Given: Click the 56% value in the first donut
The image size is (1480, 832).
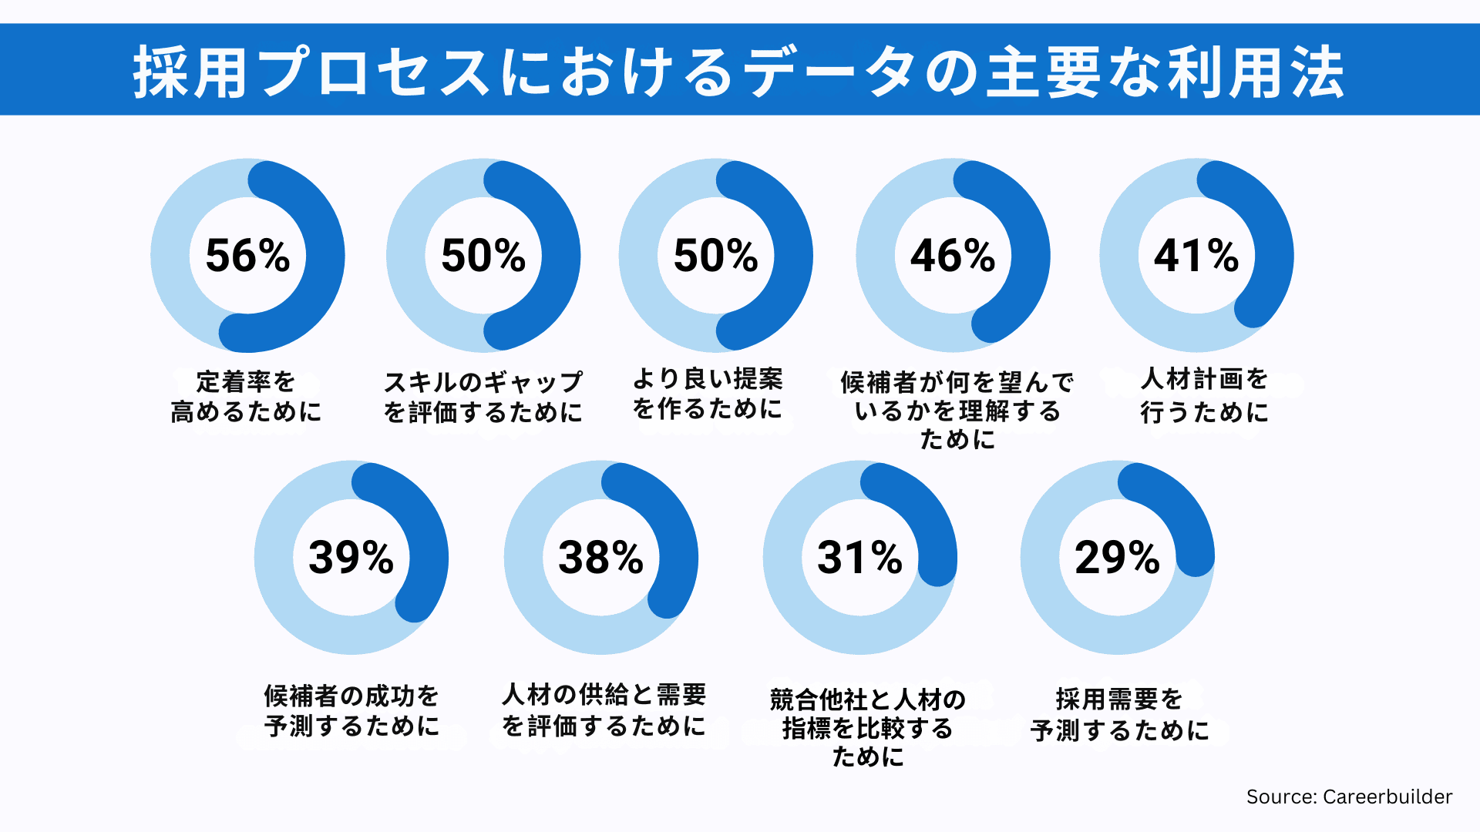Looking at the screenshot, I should pyautogui.click(x=247, y=256).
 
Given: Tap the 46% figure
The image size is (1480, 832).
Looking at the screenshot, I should pyautogui.click(x=953, y=256).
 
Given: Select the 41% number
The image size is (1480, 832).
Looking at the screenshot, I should pyautogui.click(x=1196, y=256).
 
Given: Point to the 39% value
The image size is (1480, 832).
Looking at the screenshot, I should pyautogui.click(x=351, y=558).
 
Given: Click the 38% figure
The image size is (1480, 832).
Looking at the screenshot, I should pyautogui.click(x=600, y=558).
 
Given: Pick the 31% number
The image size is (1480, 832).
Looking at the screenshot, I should pyautogui.click(x=859, y=558).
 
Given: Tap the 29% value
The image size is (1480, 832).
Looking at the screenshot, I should pyautogui.click(x=1117, y=558).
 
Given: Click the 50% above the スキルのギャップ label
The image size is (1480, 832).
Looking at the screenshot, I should pyautogui.click(x=483, y=256).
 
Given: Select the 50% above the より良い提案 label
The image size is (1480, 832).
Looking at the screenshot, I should pyautogui.click(x=715, y=256).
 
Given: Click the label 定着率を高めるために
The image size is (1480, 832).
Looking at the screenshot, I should pyautogui.click(x=246, y=397).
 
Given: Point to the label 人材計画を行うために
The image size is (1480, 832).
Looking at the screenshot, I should pyautogui.click(x=1204, y=396).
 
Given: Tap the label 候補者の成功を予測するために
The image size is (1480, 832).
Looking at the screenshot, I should pyautogui.click(x=351, y=710).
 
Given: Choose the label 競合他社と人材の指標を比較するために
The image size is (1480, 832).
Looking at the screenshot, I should pyautogui.click(x=868, y=728).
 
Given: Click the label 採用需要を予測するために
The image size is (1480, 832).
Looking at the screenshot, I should pyautogui.click(x=1119, y=714).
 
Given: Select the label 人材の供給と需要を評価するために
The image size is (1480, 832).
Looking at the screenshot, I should pyautogui.click(x=604, y=710).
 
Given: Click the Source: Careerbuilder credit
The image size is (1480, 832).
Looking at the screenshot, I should pyautogui.click(x=1349, y=797).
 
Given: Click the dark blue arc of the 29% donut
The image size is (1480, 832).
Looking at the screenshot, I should pyautogui.click(x=1179, y=512).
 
